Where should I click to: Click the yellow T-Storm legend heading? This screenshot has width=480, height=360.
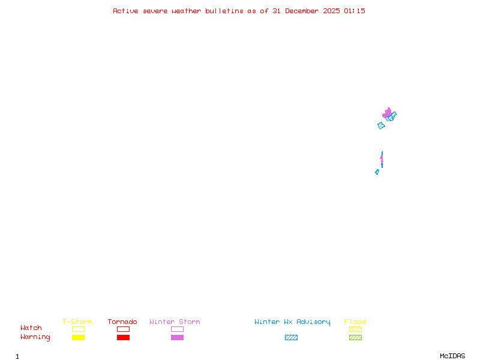[x=77, y=322]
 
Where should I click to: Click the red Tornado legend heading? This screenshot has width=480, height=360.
[x=122, y=322]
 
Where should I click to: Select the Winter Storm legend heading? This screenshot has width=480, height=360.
[x=175, y=322]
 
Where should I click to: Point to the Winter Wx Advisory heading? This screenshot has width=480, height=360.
[x=292, y=322]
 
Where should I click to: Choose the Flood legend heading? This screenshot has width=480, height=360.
[x=355, y=322]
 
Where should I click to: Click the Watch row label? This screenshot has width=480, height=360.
[x=31, y=328]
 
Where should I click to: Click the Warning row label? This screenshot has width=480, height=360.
[x=35, y=337]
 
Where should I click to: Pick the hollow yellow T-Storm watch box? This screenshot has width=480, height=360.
[x=78, y=329]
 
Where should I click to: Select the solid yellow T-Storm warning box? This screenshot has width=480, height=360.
[x=78, y=337]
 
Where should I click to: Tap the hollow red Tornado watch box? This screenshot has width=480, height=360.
[x=123, y=329]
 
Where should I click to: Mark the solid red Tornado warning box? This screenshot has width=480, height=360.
[x=123, y=337]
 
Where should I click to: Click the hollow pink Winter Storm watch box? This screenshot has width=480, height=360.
[x=177, y=329]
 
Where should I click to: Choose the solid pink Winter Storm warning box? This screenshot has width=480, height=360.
[x=177, y=337]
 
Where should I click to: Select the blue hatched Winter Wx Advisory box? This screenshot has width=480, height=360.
[x=291, y=337]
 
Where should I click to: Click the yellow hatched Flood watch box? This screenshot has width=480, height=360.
[x=355, y=329]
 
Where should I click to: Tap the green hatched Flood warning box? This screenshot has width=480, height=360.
[x=355, y=337]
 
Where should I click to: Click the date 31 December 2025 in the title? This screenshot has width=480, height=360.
[x=306, y=11]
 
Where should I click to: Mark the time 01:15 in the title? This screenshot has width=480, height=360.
[x=355, y=11]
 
